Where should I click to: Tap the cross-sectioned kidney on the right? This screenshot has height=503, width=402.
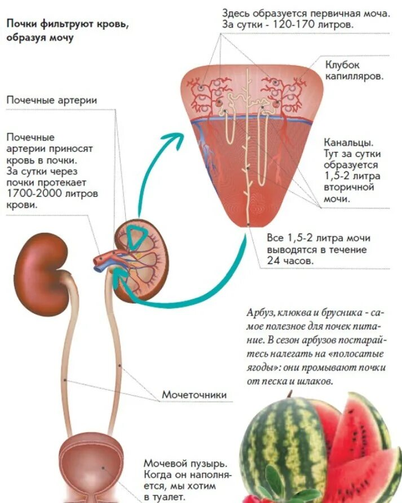[141, 259]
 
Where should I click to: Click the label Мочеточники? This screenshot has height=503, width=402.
[194, 394]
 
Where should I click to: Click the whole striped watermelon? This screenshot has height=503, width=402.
[282, 450]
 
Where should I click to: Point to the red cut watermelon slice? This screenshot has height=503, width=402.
[361, 433]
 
